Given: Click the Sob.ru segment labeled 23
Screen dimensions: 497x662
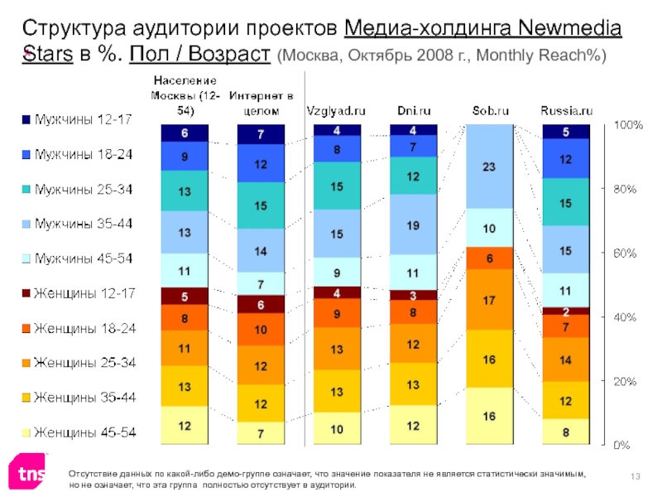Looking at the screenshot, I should coord(490,166).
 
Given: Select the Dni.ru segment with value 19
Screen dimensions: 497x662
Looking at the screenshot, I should coord(413,224).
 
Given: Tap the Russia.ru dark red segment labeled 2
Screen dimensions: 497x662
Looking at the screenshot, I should coord(565,311).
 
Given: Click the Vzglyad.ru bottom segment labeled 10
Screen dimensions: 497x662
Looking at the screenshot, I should coord(337,429).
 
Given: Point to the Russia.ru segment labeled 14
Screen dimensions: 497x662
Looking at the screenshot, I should coord(565,359).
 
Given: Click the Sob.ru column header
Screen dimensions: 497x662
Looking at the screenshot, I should coord(490,109).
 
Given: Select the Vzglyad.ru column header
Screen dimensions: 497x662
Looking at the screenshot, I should coord(336,109).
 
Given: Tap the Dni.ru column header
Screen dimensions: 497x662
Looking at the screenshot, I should coord(413,109).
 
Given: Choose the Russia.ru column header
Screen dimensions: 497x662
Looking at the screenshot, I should coord(567,109).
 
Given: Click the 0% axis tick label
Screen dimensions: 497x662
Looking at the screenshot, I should coord(621,445).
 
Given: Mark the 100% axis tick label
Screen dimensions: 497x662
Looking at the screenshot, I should coord(626,125).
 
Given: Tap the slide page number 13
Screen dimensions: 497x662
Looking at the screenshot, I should coord(636,473).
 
